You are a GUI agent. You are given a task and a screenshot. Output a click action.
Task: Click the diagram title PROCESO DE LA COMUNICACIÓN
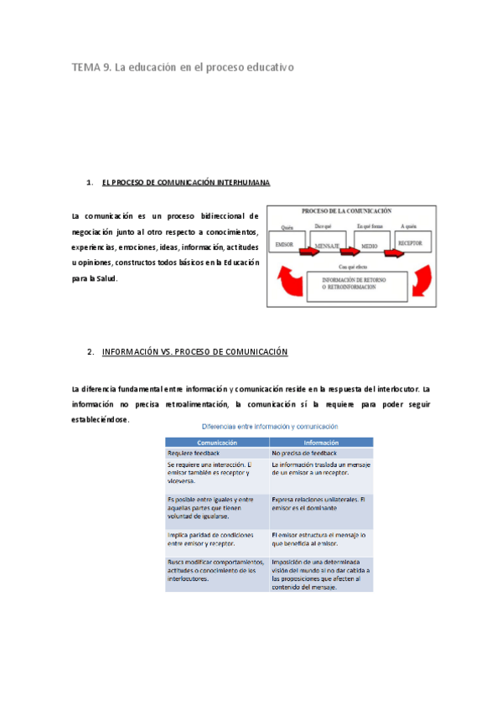click(x=347, y=211)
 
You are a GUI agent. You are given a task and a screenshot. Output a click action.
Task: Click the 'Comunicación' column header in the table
click(x=217, y=442)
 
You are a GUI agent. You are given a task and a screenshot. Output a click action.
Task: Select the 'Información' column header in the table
click(x=321, y=442)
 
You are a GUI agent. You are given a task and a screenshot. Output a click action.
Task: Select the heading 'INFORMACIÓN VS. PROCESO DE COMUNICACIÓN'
click(x=194, y=352)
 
